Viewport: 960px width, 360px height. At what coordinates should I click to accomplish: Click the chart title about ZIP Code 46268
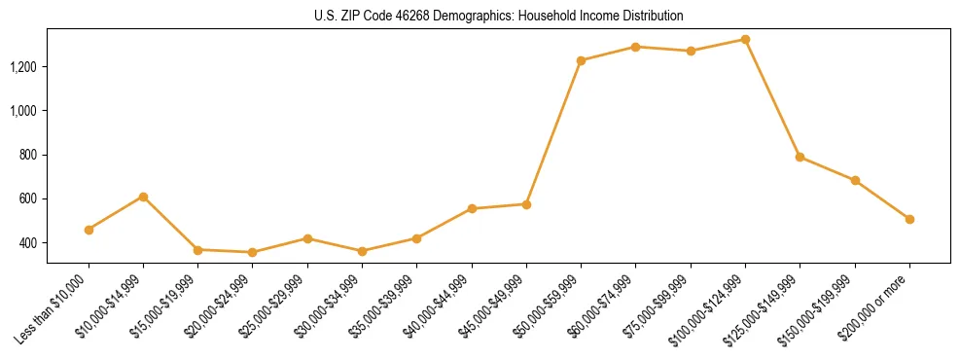498,17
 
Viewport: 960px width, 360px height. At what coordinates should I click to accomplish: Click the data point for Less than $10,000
89,230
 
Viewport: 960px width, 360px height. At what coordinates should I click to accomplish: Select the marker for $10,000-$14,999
143,197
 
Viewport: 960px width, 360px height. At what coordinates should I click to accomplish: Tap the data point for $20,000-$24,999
253,252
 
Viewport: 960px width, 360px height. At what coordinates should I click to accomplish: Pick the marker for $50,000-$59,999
581,60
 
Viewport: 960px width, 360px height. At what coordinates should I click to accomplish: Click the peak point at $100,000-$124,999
745,39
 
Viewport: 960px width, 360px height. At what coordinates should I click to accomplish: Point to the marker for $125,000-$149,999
800,157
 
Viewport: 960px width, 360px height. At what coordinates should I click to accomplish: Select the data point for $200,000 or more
909,219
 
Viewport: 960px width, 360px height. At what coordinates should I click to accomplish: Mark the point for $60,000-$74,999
635,47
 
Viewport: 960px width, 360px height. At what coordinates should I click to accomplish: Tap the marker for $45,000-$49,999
526,204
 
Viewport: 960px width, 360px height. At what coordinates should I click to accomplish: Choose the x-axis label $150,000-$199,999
826,306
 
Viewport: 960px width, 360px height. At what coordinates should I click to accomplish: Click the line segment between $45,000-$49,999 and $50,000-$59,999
553,132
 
